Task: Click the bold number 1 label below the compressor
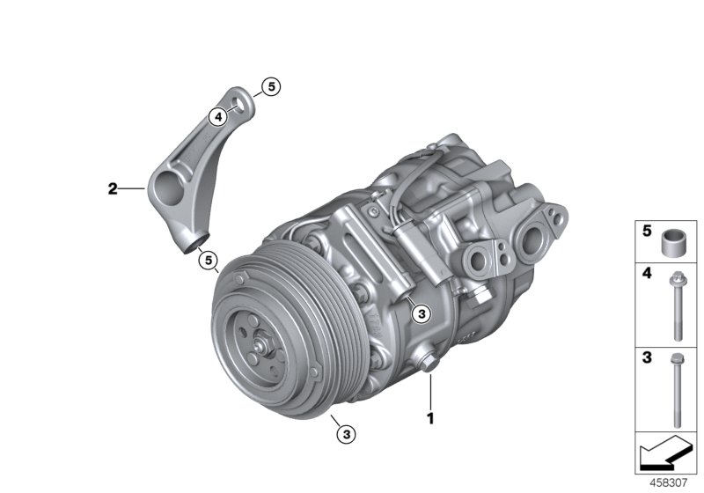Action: tap(430, 418)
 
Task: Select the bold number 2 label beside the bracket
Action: tap(112, 188)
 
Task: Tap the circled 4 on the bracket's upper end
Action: tap(216, 115)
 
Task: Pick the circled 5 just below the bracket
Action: tap(207, 259)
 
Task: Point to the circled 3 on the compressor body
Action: tap(421, 313)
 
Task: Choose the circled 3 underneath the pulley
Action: tap(346, 432)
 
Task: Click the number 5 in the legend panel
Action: tap(645, 232)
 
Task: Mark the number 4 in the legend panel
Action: tap(645, 275)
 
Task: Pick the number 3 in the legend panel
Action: tap(645, 358)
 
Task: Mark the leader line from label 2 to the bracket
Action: tap(132, 188)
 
